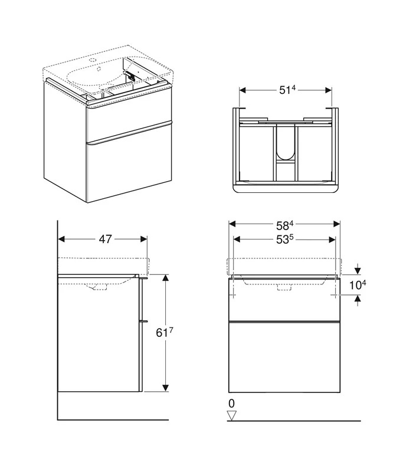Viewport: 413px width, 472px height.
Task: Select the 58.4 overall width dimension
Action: click(284, 224)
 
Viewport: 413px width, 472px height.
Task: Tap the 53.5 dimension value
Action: click(284, 239)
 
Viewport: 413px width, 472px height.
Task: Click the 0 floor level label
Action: click(232, 403)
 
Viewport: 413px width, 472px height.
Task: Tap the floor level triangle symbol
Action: click(232, 416)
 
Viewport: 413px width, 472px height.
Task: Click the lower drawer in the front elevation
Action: click(284, 357)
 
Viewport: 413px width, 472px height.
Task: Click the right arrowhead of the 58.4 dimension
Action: click(337, 224)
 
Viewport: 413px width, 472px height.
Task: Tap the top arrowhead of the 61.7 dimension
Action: click(165, 277)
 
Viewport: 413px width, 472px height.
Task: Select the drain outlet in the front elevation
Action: click(284, 289)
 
